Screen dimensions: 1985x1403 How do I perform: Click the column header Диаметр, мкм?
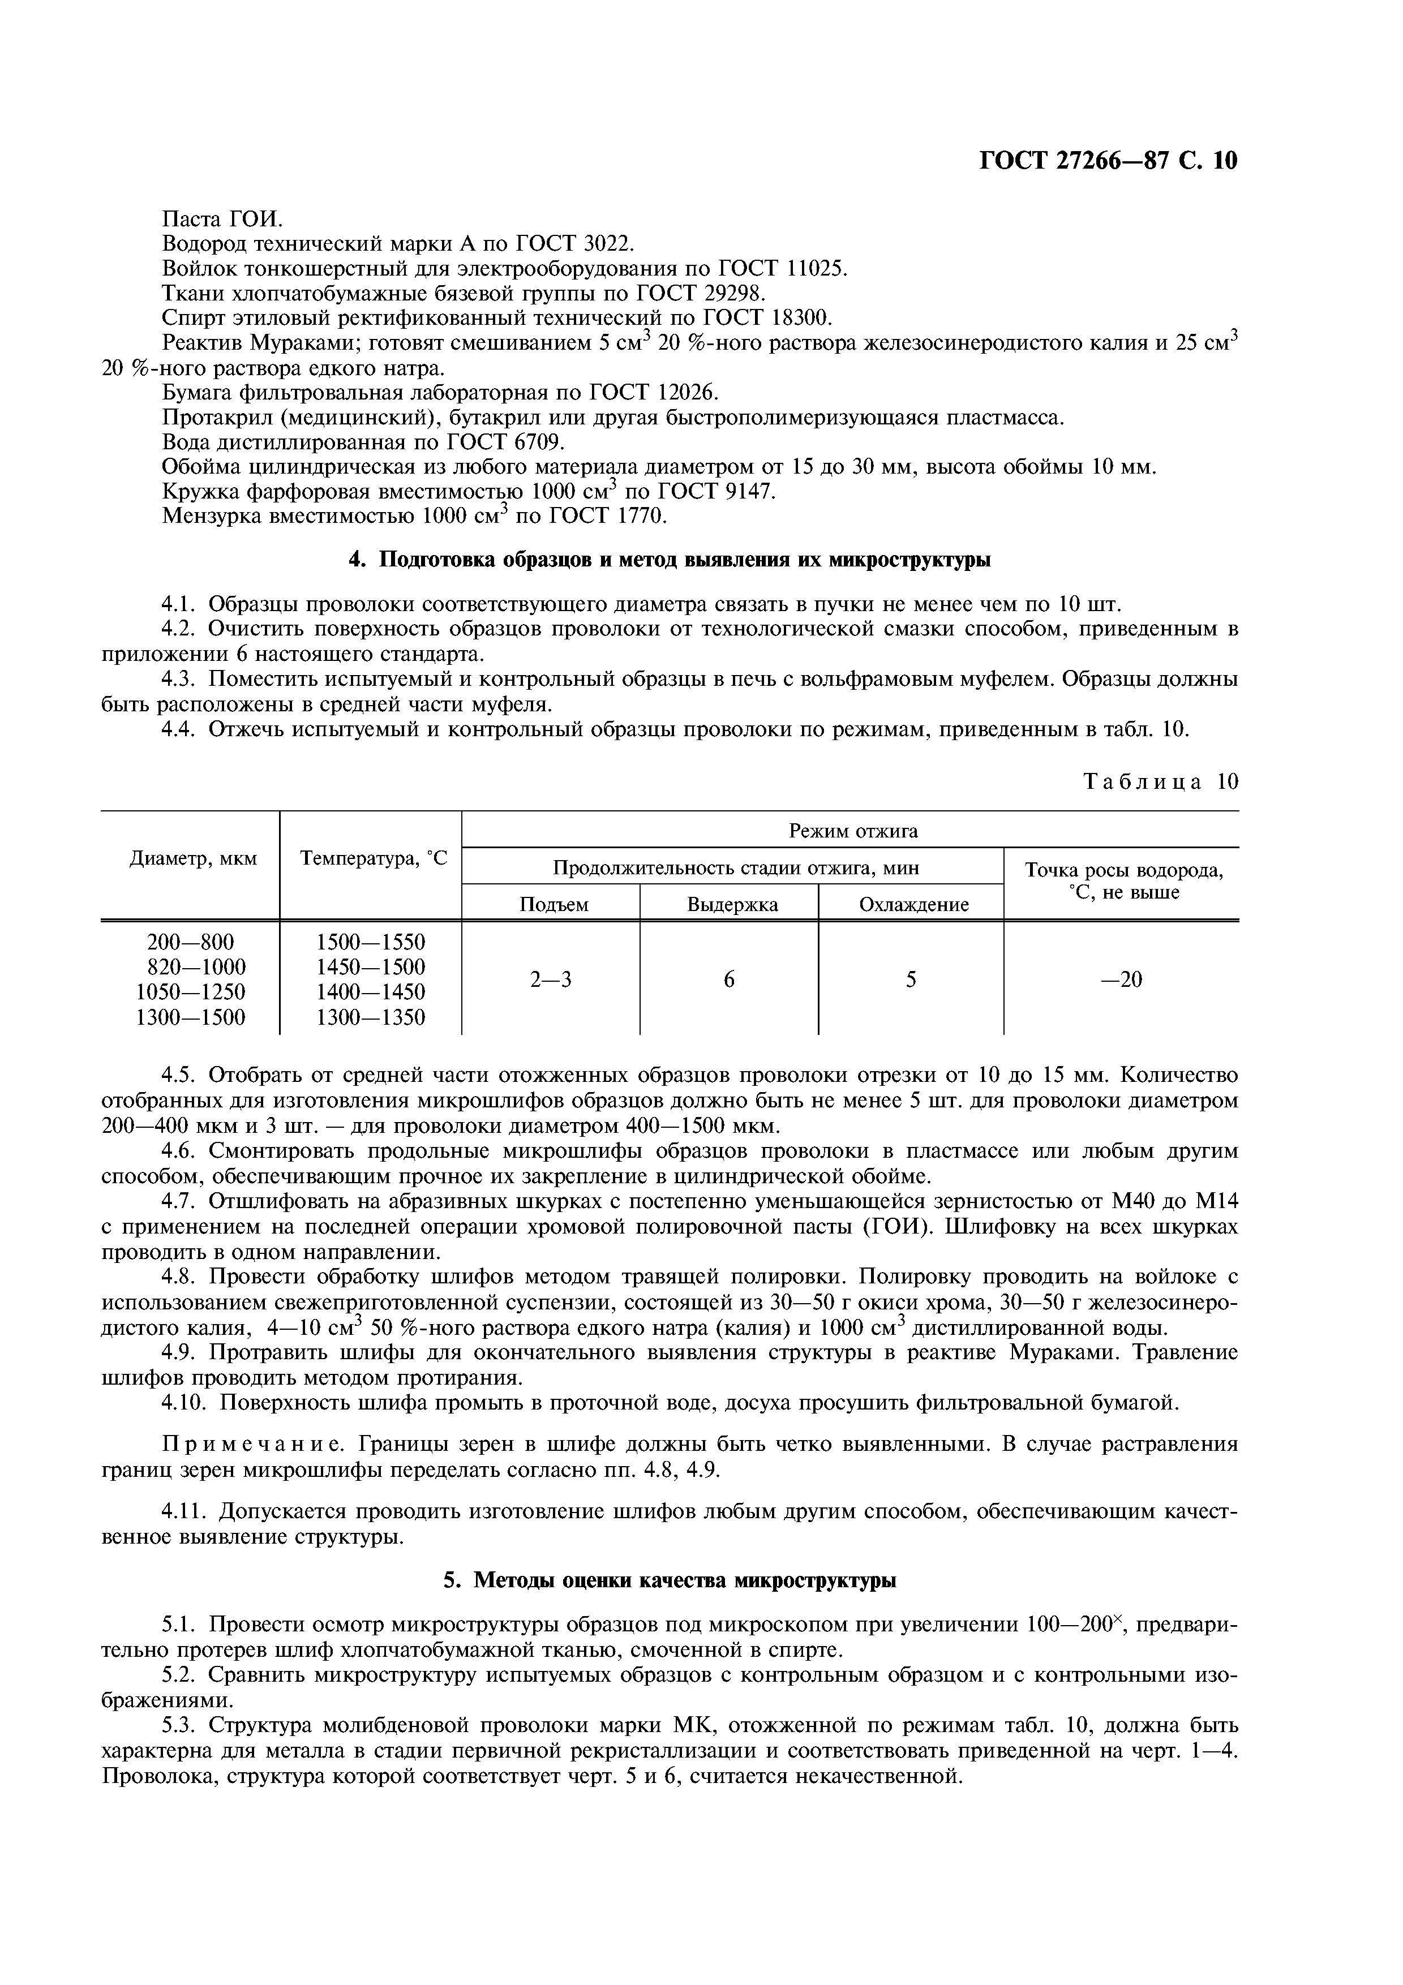(x=193, y=858)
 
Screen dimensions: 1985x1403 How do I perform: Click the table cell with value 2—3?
(x=551, y=979)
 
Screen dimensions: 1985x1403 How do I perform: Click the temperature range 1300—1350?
(x=371, y=1017)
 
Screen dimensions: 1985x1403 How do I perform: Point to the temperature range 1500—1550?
(x=371, y=942)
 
